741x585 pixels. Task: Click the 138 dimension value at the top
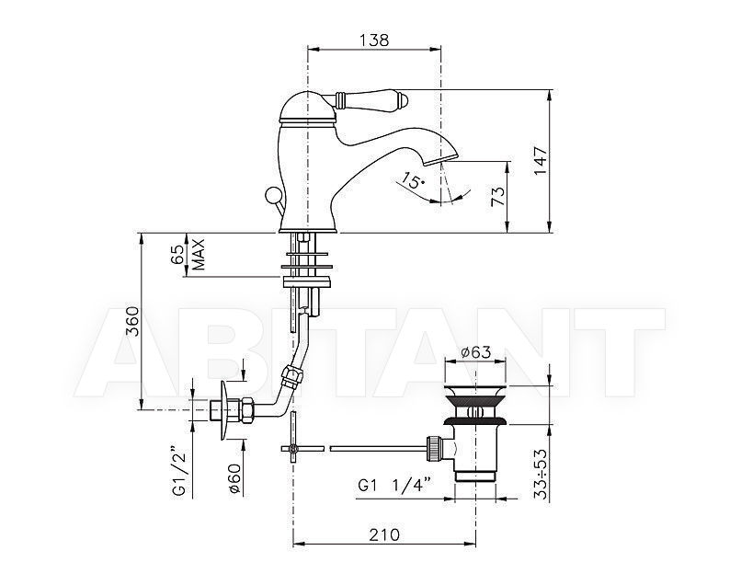click(x=374, y=40)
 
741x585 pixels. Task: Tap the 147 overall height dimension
click(x=541, y=161)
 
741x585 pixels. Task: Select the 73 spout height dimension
click(x=497, y=196)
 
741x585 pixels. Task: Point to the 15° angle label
click(x=413, y=179)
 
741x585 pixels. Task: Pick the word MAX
click(x=199, y=254)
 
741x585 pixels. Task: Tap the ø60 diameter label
click(x=234, y=478)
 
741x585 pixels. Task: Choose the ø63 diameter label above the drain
click(x=475, y=352)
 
